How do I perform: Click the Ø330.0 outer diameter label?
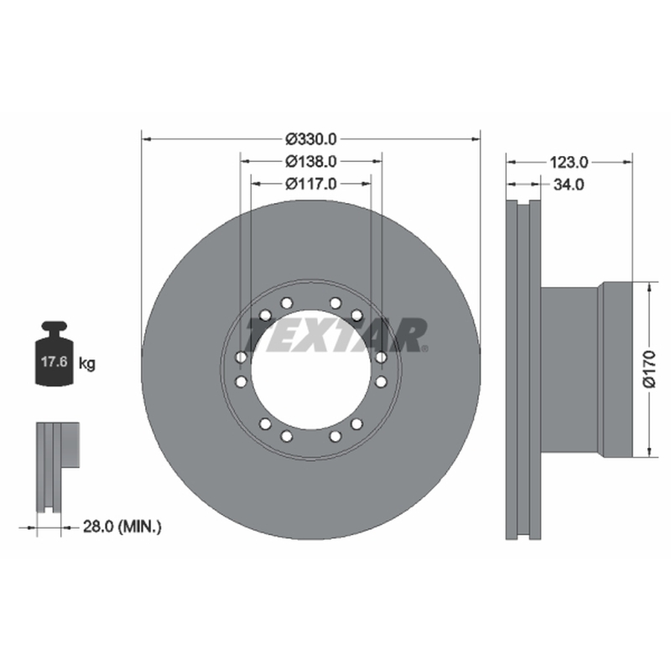311,139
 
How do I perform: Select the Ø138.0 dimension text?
311,161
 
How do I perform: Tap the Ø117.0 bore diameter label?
311,184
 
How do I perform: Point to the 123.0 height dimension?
569,162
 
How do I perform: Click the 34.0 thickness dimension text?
569,185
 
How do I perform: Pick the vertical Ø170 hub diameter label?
649,369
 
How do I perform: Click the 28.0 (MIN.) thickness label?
122,527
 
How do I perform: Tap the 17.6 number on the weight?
54,362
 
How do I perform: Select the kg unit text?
87,364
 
